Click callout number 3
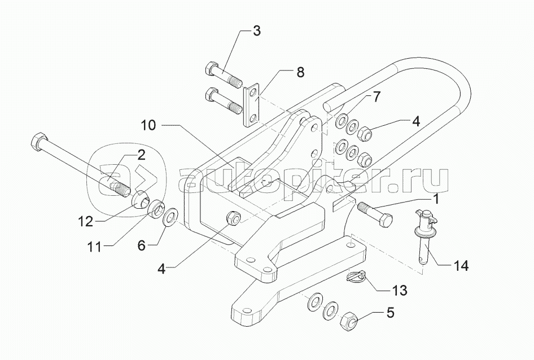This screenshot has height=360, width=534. point(257,30)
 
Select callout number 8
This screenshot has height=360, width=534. point(300,72)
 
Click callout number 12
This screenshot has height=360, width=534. point(86,221)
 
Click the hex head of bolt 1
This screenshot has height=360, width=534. point(387,218)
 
